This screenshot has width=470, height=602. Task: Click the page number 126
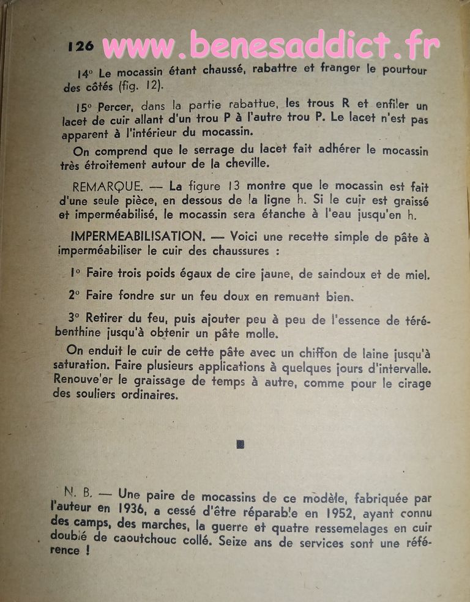(81, 46)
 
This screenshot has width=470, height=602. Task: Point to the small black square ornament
(240, 444)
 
